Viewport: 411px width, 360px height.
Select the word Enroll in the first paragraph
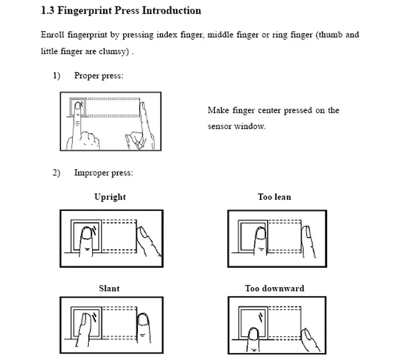tap(53, 35)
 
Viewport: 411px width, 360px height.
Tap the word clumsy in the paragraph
tap(109, 52)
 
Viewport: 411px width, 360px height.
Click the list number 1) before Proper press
tap(56, 76)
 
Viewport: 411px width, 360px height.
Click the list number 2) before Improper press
tap(56, 173)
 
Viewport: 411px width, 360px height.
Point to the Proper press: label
tap(99, 76)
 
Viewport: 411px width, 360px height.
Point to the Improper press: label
tap(103, 173)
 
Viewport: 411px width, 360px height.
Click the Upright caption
tap(110, 197)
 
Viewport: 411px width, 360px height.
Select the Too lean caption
tap(274, 197)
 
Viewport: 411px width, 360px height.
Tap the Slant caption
tap(109, 288)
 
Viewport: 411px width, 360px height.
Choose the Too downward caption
tap(274, 288)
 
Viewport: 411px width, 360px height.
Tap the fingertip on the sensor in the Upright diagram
tap(88, 237)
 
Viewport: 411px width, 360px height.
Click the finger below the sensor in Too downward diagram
tap(254, 337)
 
